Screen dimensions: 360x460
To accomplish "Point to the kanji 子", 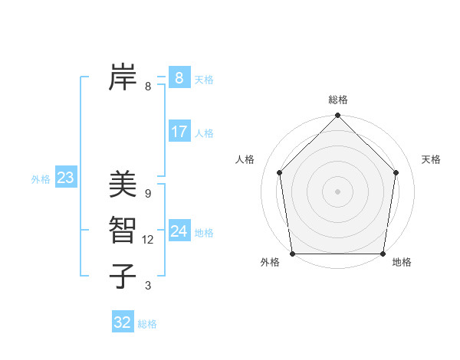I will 123,276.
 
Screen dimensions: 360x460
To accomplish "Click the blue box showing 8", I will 179,77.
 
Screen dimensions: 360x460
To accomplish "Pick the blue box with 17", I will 179,132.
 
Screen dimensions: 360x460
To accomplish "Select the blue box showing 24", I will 179,231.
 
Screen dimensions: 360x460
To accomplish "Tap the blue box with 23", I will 65,178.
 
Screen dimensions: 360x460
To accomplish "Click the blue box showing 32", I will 122,322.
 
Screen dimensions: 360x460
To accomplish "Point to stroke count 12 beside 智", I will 148,240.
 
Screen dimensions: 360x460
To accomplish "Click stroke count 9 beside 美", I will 148,194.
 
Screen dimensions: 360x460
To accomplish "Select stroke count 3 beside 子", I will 148,286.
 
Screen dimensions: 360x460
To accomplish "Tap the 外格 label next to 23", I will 41,179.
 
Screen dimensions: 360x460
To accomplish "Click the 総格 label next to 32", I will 147,324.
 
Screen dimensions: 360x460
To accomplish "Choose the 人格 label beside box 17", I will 204,133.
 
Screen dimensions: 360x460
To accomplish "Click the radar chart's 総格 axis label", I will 338,100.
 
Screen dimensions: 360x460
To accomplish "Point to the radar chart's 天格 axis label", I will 431,159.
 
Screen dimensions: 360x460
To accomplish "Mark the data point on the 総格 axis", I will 338,116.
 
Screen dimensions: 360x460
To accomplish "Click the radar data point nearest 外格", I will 292,254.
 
